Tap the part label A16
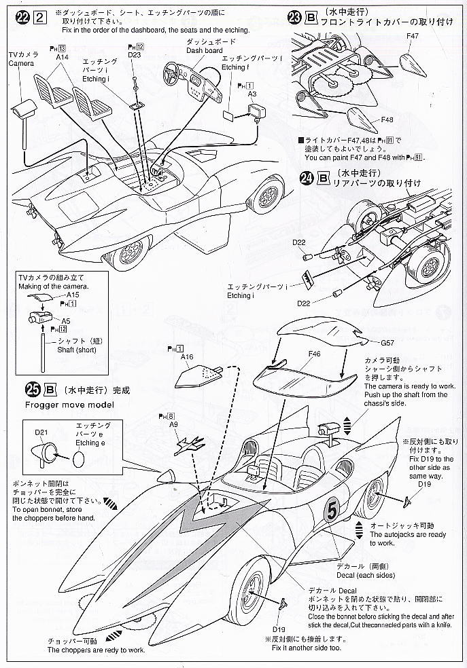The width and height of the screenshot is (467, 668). pyautogui.click(x=187, y=356)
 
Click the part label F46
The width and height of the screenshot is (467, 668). pyautogui.click(x=314, y=354)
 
